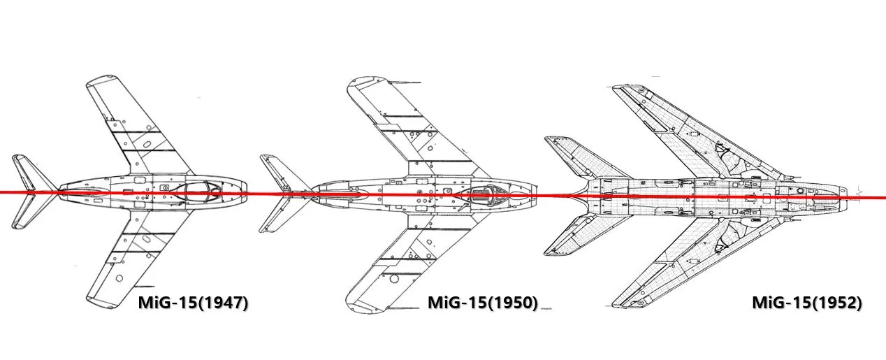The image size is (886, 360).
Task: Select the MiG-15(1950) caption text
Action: (482, 303)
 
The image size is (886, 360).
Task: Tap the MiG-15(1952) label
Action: (806, 303)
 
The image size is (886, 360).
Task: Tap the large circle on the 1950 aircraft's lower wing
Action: (395, 278)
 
